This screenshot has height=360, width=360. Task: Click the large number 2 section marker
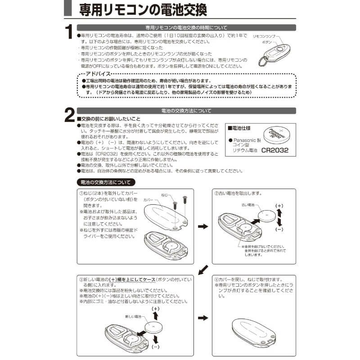pyautogui.click(x=69, y=115)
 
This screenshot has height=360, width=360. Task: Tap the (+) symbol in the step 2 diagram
pyautogui.click(x=279, y=206)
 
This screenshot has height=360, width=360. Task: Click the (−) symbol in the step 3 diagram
pyautogui.click(x=156, y=347)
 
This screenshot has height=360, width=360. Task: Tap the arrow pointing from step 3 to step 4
pyautogui.click(x=203, y=318)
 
